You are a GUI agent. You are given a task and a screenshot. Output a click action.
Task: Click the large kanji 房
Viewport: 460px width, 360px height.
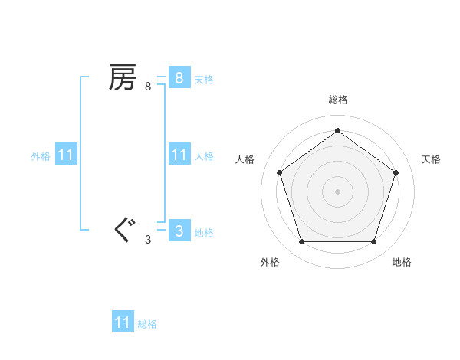click(123, 77)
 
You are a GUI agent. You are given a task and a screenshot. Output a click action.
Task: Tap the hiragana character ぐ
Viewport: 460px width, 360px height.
click(123, 230)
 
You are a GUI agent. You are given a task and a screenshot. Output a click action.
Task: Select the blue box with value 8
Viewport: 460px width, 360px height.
click(179, 78)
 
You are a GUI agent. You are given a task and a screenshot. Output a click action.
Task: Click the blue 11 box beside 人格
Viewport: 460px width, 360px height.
click(179, 155)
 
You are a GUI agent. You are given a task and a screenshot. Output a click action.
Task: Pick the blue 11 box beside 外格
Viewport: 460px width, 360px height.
click(66, 155)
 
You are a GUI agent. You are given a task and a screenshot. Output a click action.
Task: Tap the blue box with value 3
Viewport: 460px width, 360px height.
click(179, 231)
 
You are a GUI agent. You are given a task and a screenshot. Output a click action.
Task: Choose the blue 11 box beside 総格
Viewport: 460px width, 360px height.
click(123, 322)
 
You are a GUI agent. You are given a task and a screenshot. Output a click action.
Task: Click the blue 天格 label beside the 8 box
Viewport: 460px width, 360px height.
click(204, 79)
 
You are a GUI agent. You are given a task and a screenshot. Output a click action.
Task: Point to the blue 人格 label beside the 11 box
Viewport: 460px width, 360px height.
click(204, 155)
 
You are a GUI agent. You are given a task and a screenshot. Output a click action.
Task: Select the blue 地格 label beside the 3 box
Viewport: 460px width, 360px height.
click(204, 232)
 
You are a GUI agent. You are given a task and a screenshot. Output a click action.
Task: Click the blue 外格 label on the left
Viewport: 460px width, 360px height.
click(41, 155)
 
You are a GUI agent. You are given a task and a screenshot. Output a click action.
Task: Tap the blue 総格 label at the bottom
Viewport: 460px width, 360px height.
click(147, 324)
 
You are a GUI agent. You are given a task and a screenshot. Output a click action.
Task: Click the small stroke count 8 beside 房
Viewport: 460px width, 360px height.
click(148, 87)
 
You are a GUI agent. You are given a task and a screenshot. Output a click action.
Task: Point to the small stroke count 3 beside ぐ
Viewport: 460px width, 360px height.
click(148, 240)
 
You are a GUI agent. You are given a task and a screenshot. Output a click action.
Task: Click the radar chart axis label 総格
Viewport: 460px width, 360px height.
click(337, 100)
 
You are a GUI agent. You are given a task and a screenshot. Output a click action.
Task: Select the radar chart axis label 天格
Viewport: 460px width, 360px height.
click(431, 159)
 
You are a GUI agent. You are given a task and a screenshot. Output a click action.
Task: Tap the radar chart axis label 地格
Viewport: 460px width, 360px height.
click(402, 262)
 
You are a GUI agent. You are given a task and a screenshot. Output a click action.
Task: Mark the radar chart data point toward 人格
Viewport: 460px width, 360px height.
click(279, 172)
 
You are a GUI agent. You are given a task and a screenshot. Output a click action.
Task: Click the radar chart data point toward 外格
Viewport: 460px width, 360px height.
click(301, 242)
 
